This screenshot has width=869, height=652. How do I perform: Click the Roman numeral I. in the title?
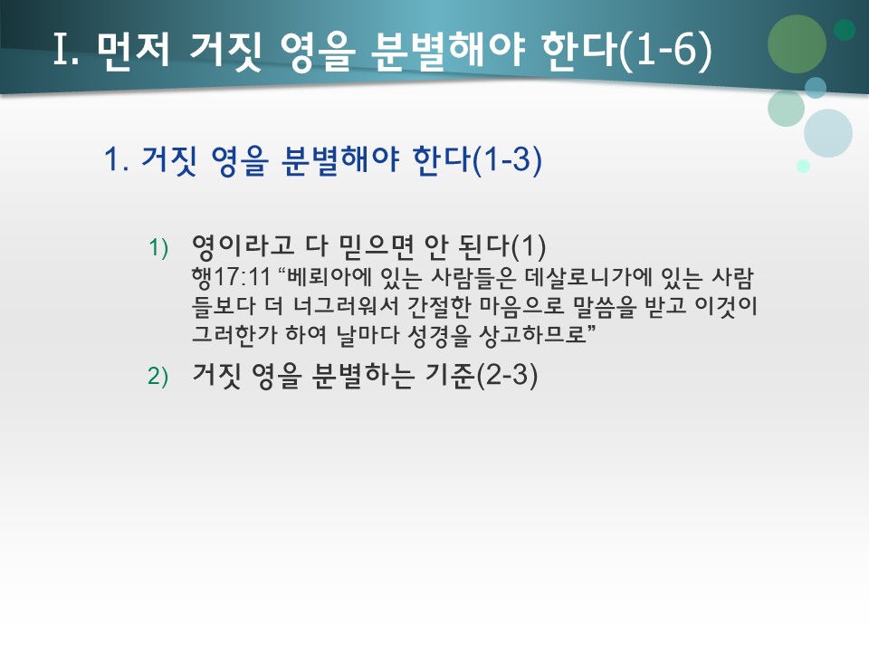[x=68, y=51]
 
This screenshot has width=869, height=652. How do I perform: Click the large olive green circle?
[x=797, y=43]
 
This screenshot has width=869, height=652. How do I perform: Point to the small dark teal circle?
[x=845, y=30]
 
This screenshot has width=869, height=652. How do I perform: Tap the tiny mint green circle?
[x=803, y=166]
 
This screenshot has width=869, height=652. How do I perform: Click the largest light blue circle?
[x=828, y=133]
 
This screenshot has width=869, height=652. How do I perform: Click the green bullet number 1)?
[x=159, y=247]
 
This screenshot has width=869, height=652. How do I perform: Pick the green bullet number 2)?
[x=159, y=378]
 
